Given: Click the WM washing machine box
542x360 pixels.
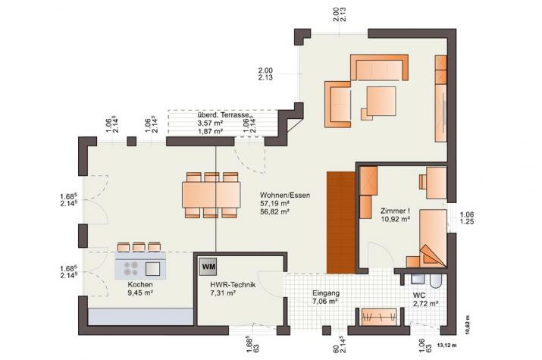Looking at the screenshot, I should [x=208, y=266].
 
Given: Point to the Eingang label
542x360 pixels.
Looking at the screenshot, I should [x=326, y=293].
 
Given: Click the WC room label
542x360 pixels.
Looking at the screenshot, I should [x=419, y=295].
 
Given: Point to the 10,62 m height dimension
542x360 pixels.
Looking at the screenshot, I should [x=467, y=324].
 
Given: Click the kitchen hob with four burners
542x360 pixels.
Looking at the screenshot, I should [x=129, y=268].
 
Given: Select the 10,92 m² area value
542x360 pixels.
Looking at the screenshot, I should [x=394, y=220].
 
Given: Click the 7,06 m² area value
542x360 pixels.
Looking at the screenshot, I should [x=325, y=301].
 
